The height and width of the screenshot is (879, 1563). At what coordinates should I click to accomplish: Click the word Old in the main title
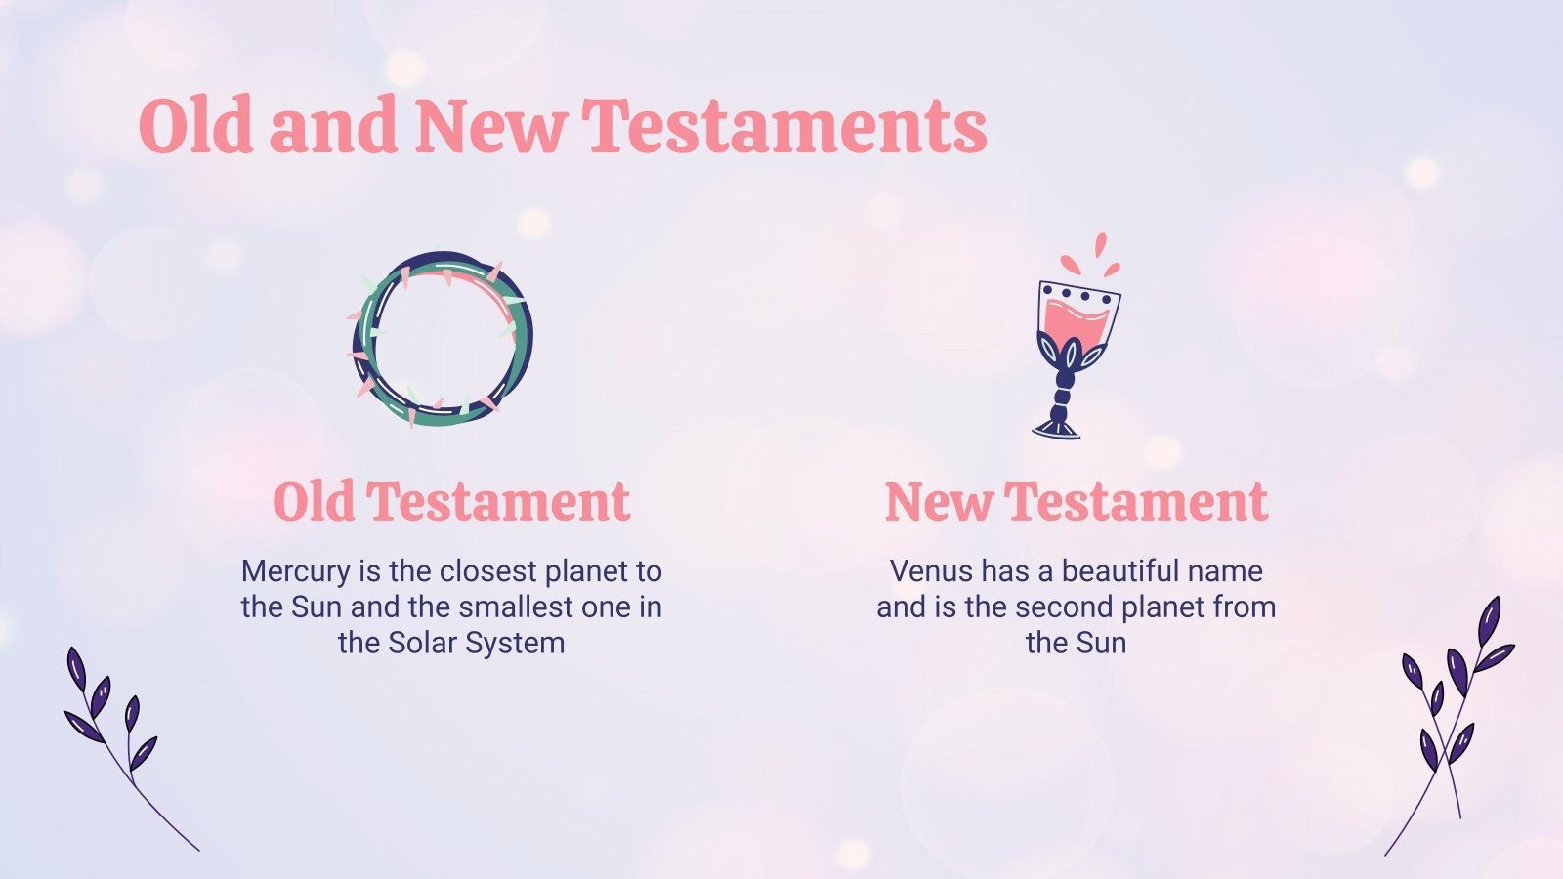195,127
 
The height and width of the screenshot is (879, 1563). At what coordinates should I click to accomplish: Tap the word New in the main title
490,127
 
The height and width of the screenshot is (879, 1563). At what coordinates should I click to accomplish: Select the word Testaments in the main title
784,127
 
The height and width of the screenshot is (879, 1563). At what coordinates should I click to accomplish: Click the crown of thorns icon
442,339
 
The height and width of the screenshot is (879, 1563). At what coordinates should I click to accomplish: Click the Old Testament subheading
451,502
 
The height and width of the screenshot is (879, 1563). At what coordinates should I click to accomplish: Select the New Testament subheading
1076,502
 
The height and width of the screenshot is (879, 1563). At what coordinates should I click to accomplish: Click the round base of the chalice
1058,427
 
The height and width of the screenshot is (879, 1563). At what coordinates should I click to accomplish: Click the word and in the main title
332,127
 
